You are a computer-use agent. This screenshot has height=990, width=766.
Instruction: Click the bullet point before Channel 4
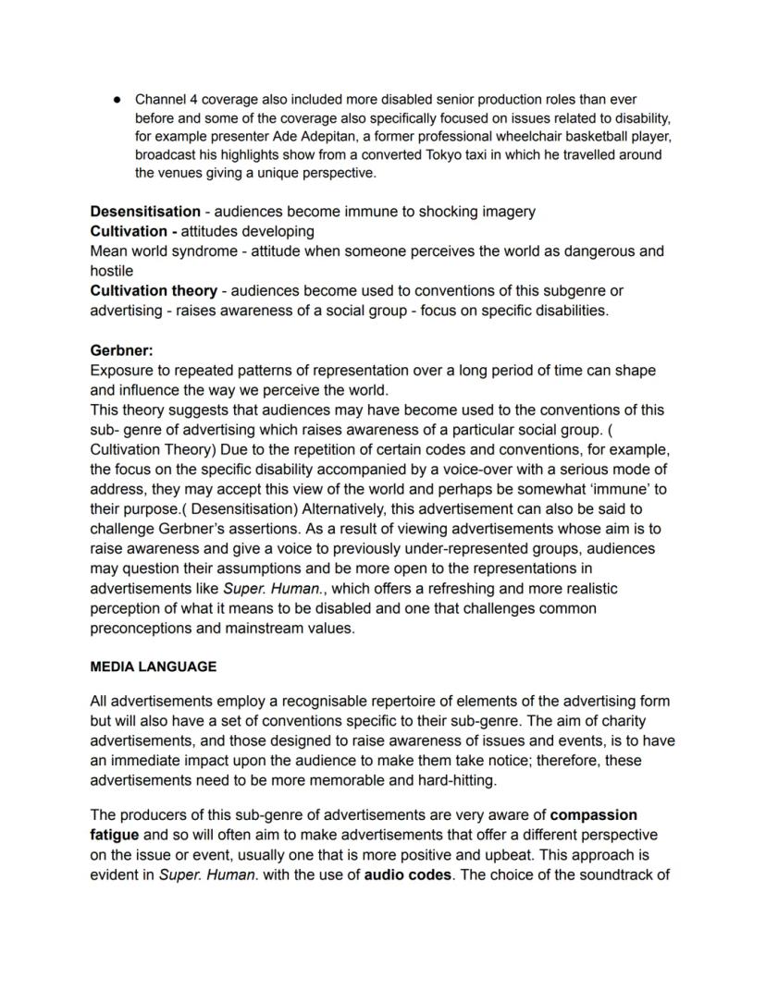[117, 99]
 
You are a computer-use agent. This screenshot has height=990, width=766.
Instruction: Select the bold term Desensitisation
[145, 212]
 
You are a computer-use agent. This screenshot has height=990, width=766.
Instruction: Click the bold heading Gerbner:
[121, 350]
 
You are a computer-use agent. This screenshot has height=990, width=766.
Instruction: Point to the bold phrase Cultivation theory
[153, 290]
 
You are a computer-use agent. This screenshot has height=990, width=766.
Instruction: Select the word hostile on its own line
[111, 271]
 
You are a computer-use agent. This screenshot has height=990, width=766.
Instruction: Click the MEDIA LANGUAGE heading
[153, 666]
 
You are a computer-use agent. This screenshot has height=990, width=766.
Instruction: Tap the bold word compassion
[593, 815]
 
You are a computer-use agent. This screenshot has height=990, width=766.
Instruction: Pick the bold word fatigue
[114, 835]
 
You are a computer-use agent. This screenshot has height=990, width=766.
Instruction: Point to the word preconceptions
[140, 628]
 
